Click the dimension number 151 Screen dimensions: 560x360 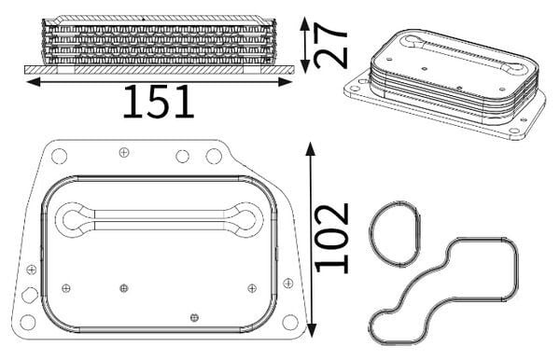pyautogui.click(x=159, y=102)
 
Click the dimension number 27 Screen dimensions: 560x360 pyautogui.click(x=330, y=46)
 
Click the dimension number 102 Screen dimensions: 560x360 pyautogui.click(x=331, y=238)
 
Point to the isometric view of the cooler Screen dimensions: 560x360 pyautogui.click(x=444, y=84)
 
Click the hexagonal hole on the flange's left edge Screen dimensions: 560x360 pyautogui.click(x=30, y=295)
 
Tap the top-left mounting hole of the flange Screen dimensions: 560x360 pyautogui.click(x=60, y=157)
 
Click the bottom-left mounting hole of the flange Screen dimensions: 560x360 pyautogui.click(x=28, y=323)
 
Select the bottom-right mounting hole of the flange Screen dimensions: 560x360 pyautogui.click(x=289, y=322)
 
